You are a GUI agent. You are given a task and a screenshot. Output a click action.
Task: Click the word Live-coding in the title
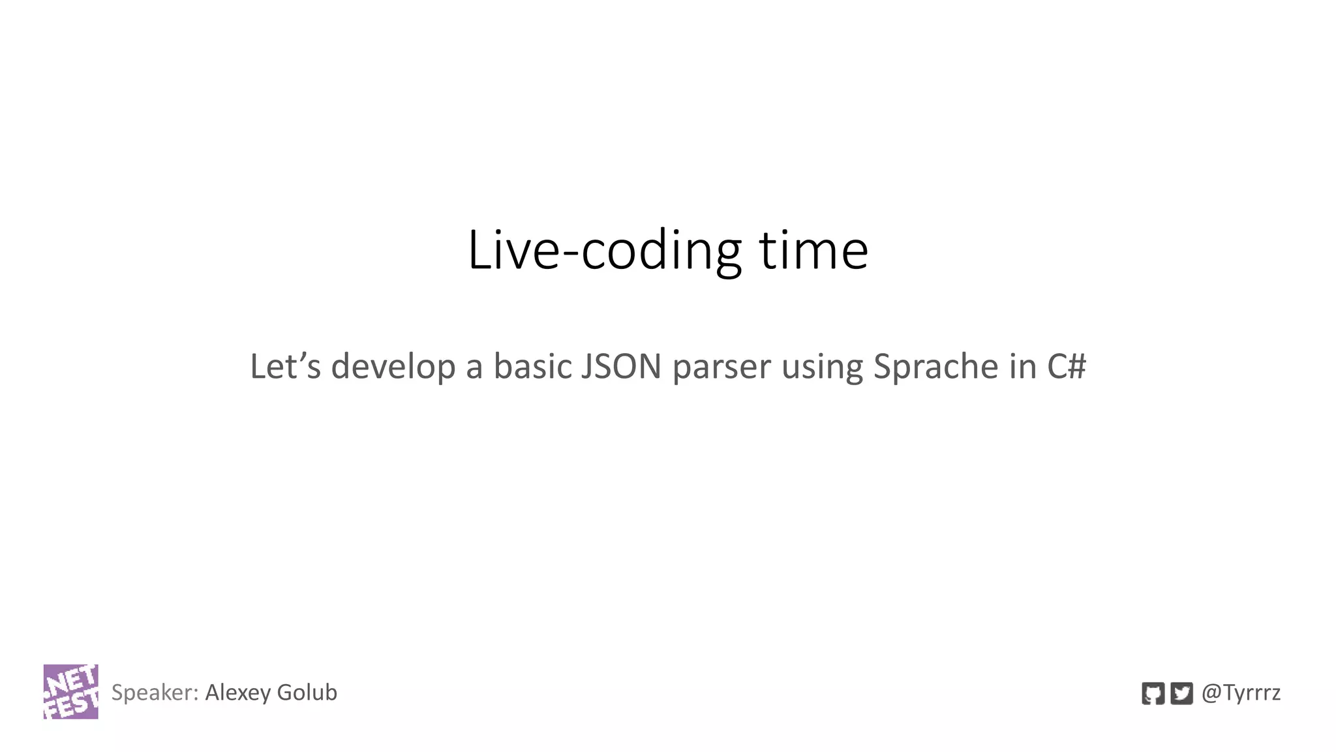tap(604, 251)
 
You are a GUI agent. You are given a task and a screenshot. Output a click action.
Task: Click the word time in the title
tap(813, 251)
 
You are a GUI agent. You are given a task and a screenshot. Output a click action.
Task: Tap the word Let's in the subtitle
tap(285, 366)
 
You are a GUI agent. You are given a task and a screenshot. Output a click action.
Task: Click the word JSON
tap(621, 366)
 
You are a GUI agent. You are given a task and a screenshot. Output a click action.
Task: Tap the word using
tap(822, 368)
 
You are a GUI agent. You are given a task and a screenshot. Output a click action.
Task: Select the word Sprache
tap(935, 368)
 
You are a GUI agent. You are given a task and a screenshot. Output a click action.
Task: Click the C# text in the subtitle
tap(1067, 366)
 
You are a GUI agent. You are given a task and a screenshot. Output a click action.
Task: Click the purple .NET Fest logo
tap(70, 691)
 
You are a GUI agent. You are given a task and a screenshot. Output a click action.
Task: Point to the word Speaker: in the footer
tap(155, 693)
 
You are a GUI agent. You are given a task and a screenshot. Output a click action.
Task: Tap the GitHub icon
tap(1153, 693)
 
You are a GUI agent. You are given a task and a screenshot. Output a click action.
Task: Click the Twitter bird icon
tap(1181, 693)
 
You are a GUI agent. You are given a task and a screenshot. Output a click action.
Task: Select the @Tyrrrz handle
tap(1241, 693)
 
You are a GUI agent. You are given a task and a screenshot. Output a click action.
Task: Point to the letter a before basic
tap(474, 368)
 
